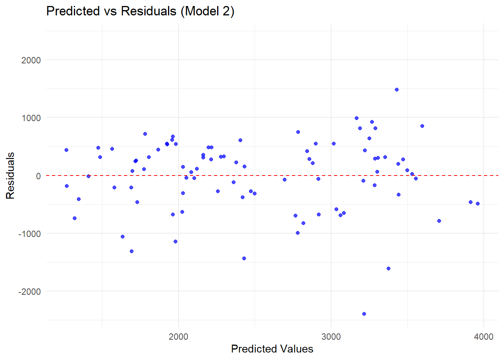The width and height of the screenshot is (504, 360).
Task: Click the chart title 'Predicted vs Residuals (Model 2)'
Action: [x=140, y=11]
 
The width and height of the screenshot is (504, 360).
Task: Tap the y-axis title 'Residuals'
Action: [x=10, y=175]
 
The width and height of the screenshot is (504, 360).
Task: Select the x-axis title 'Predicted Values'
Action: [x=272, y=349]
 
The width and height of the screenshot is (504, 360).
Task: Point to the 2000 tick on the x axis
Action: [x=178, y=336]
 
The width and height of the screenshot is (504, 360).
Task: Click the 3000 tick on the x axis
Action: [x=331, y=336]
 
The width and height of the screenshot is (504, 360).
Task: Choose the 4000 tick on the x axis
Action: [x=483, y=336]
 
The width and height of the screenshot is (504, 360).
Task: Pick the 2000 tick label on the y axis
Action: [x=31, y=60]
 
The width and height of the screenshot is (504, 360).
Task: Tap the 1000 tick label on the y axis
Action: [x=31, y=118]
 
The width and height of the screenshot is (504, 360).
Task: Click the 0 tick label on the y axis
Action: [x=38, y=176]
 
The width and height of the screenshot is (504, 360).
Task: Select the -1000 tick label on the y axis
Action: [x=29, y=234]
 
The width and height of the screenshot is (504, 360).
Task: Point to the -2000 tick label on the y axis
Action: [x=29, y=291]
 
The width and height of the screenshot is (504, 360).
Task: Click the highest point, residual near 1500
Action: [x=397, y=90]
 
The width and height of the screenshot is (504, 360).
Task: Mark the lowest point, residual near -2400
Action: [x=364, y=314]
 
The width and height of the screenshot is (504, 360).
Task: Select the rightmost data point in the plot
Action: [x=478, y=204]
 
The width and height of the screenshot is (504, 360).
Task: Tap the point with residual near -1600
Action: [x=388, y=268]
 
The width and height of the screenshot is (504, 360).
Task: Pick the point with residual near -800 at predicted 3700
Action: [x=439, y=221]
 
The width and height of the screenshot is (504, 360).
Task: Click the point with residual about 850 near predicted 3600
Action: [x=422, y=126]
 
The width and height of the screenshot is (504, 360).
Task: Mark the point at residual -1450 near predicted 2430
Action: [x=244, y=258]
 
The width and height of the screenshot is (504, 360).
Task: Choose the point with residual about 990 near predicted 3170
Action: [x=357, y=118]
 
